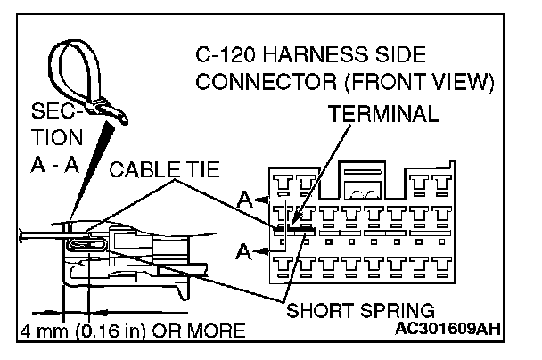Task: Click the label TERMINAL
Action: click(384, 115)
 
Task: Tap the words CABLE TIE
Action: click(165, 169)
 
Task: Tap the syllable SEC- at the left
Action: click(51, 115)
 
